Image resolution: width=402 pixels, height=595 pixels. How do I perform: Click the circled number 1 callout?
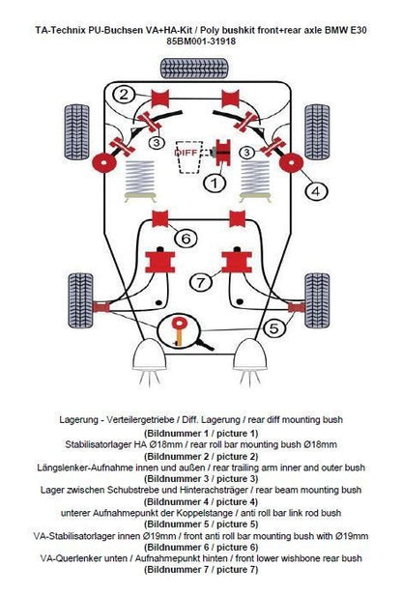tap(215, 184)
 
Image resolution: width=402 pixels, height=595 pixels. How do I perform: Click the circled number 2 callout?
tap(124, 94)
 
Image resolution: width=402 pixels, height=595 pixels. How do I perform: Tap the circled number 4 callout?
tap(316, 191)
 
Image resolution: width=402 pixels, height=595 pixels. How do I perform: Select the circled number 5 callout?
tap(274, 328)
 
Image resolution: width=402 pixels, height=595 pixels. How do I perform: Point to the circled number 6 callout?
tap(186, 239)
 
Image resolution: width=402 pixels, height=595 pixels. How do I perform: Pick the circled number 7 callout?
tap(201, 282)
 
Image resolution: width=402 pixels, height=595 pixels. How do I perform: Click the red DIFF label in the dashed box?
tap(186, 153)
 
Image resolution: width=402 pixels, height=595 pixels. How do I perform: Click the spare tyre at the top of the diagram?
tap(194, 69)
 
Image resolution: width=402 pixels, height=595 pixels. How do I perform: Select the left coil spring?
tap(140, 177)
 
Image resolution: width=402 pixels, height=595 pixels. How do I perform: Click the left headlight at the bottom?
tap(149, 354)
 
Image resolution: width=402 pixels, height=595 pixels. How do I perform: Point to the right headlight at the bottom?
tap(250, 354)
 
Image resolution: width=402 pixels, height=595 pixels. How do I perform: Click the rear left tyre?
tap(77, 131)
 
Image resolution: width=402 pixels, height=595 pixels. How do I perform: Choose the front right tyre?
tap(317, 300)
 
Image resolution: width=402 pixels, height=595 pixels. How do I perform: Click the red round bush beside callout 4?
tap(292, 163)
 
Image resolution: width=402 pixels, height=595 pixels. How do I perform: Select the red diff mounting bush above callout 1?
tap(223, 153)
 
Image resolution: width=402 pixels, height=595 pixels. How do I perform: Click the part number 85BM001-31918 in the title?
tap(201, 42)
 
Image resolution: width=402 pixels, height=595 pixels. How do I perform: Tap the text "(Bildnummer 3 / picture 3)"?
tap(201, 479)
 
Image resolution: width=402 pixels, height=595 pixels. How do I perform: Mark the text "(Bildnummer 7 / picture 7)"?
tap(201, 569)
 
